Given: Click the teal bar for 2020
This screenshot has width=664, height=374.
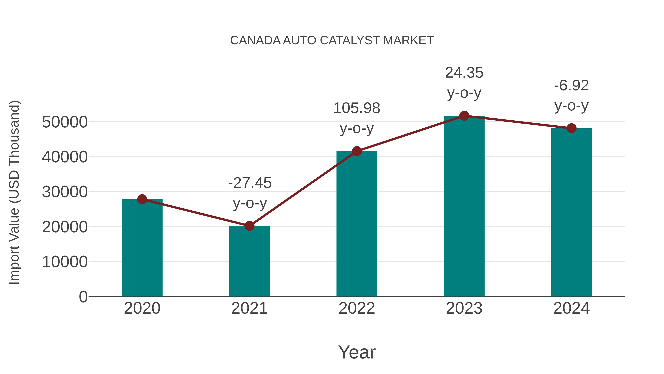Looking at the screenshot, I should [142, 248].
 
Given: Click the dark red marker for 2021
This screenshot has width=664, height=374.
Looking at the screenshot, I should [249, 226].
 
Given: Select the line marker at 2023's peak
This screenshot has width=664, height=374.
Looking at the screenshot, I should [464, 116].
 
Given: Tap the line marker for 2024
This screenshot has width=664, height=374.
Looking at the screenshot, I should [571, 128].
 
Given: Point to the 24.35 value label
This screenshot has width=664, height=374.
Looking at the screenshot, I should [464, 73].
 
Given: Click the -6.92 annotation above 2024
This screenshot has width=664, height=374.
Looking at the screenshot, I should [571, 86].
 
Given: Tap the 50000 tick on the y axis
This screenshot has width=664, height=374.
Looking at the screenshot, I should [65, 122].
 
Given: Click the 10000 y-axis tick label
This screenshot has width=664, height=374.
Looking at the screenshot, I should [65, 262].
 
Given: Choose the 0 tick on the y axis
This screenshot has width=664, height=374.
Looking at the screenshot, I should [83, 297].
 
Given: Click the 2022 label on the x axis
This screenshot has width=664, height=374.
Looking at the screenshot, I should [357, 308].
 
